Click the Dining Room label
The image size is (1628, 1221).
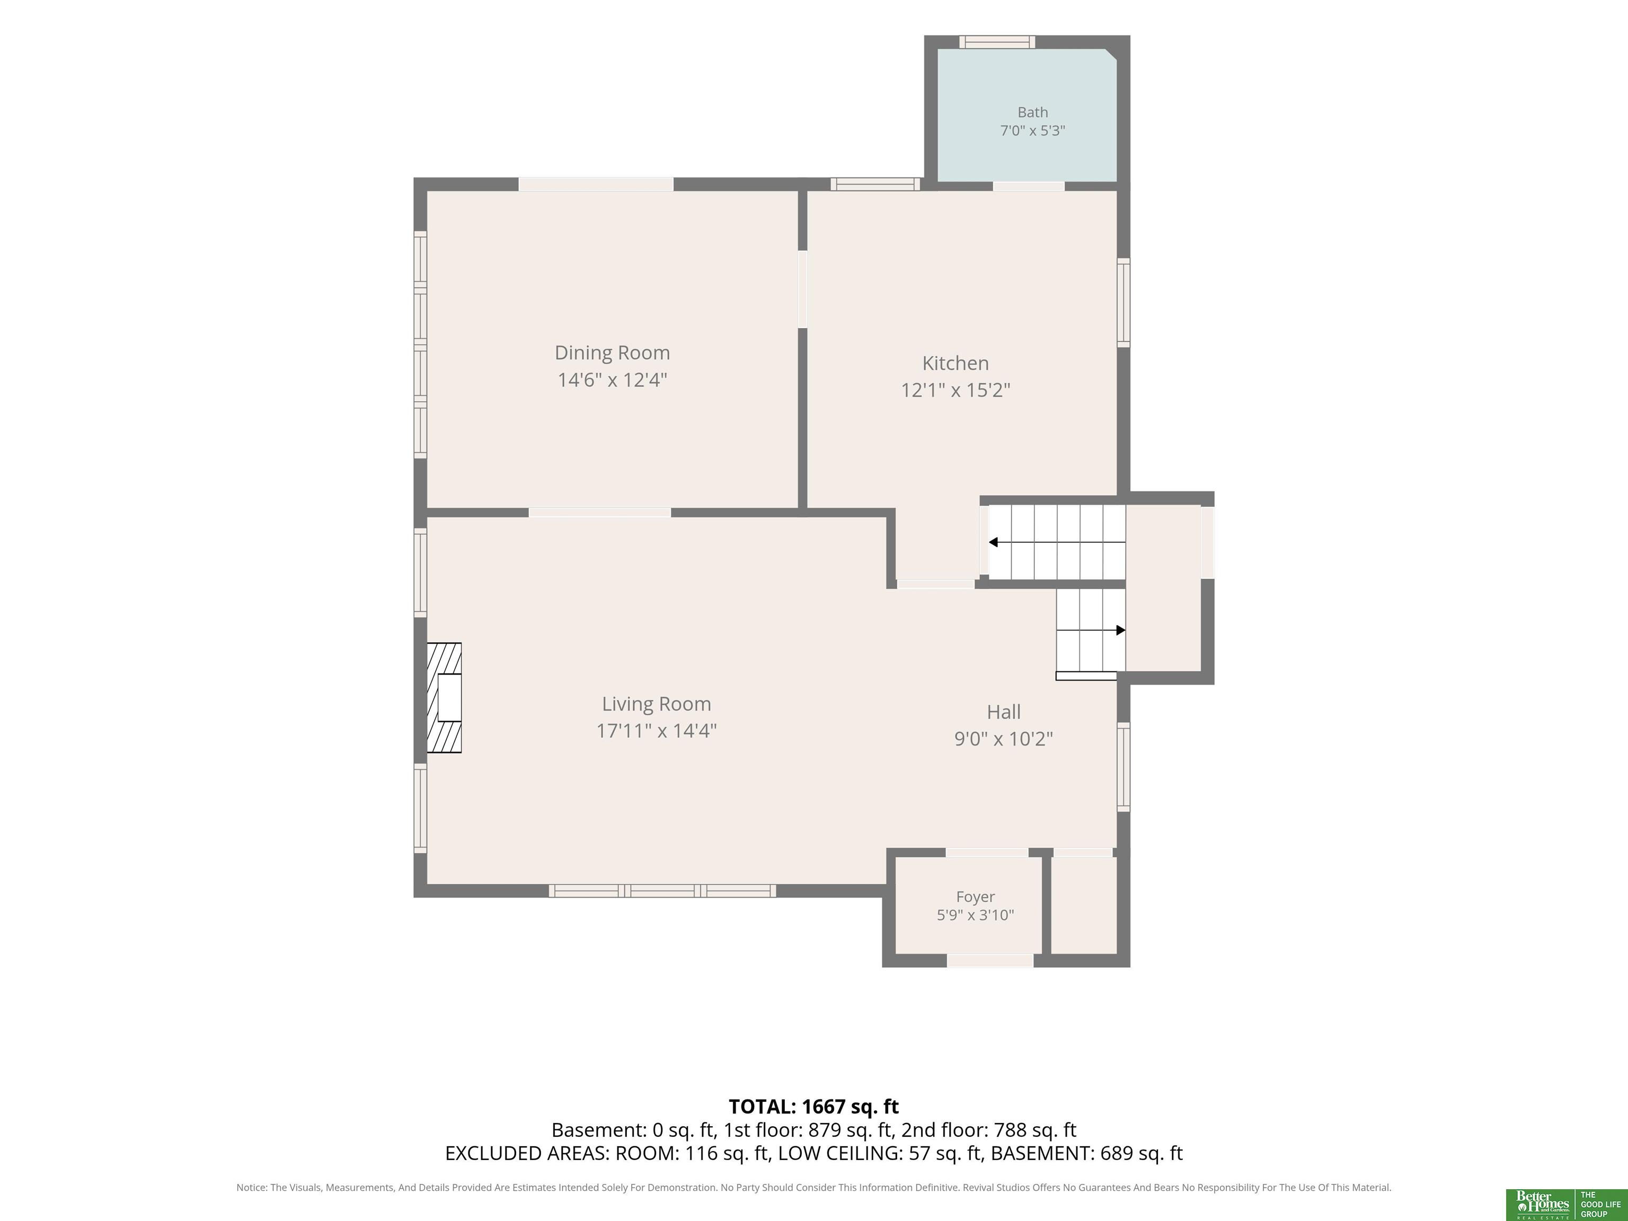coord(612,353)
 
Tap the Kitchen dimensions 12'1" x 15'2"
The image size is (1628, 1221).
coord(955,390)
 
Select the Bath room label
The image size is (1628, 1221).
coord(1032,112)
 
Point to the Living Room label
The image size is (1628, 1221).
coord(657,704)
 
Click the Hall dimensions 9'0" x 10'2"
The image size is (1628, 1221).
coord(1003,739)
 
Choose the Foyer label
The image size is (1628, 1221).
coord(975,897)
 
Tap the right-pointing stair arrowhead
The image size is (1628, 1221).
coord(1121,630)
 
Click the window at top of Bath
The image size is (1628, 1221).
coord(997,42)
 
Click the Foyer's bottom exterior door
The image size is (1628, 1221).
coord(990,960)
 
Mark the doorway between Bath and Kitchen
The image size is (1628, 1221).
coord(1028,186)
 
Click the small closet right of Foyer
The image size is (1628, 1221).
coord(1083,905)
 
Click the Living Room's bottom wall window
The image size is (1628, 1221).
coord(662,890)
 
